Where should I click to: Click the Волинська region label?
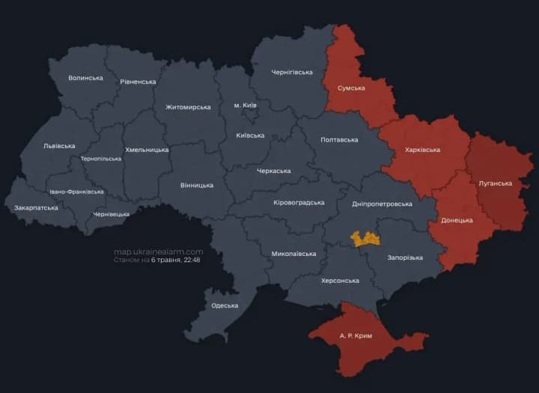coord(85,78)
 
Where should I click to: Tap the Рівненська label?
coord(138,82)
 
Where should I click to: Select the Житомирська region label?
coord(188,107)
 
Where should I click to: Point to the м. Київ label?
coord(245,105)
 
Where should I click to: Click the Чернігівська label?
coord(291,72)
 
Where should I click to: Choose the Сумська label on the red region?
coord(351,88)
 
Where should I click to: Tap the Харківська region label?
coord(422,150)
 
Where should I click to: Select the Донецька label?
coord(457,221)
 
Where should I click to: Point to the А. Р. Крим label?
coord(356,336)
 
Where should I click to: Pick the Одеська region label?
coord(225,305)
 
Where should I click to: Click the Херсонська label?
coord(341,281)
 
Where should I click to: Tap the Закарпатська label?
coord(36,207)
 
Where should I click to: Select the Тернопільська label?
coord(100,159)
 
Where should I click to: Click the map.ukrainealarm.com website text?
coord(158,252)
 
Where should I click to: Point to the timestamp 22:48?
coord(191,261)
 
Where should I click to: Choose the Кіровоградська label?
coord(299,202)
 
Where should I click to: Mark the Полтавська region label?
coord(339,139)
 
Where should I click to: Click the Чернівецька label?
coord(111,214)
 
